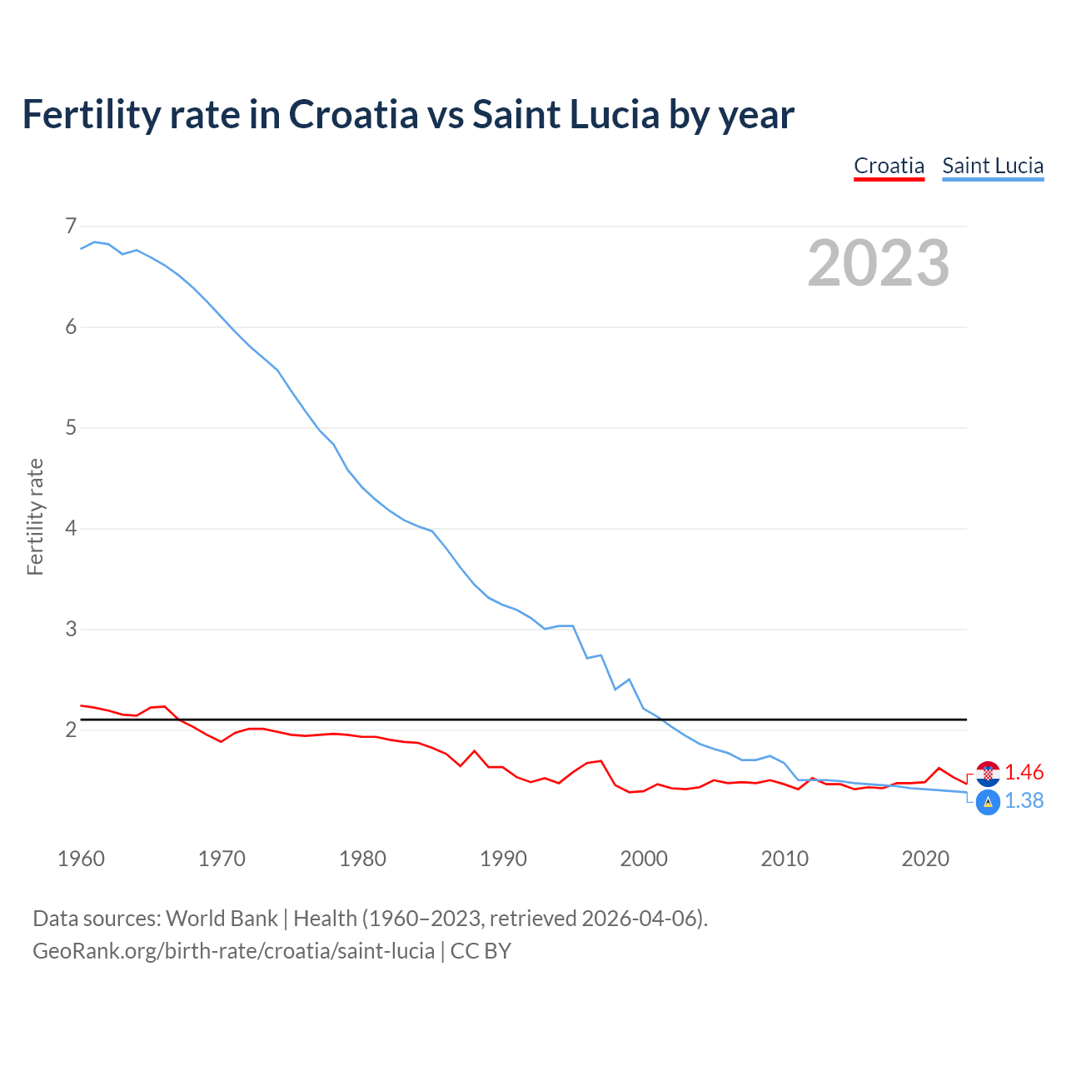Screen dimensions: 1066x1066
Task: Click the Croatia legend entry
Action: pyautogui.click(x=889, y=166)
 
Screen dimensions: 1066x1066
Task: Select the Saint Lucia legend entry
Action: pyautogui.click(x=992, y=166)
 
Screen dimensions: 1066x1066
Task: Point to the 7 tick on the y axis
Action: pyautogui.click(x=71, y=226)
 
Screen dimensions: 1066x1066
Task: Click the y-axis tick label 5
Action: pyautogui.click(x=71, y=427)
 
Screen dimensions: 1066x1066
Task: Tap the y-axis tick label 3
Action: pyautogui.click(x=71, y=629)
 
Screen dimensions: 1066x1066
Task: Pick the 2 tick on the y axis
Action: pyautogui.click(x=71, y=730)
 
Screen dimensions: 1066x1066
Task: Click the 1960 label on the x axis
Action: pyautogui.click(x=81, y=859)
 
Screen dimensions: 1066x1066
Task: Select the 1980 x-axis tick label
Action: pyautogui.click(x=362, y=859)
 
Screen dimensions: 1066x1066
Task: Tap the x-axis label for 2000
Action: pyautogui.click(x=644, y=859)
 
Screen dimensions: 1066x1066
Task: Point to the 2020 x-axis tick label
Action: pyautogui.click(x=925, y=859)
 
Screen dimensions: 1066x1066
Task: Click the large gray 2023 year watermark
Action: pyautogui.click(x=878, y=263)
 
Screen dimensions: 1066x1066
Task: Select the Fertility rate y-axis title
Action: pyautogui.click(x=35, y=516)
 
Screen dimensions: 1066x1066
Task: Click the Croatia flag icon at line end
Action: pyautogui.click(x=988, y=773)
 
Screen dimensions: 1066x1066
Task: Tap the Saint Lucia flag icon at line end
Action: pyautogui.click(x=988, y=802)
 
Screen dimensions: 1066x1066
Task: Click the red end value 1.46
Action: pyautogui.click(x=1024, y=772)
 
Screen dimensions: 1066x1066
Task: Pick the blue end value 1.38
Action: pyautogui.click(x=1024, y=801)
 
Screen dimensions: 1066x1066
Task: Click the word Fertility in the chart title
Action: pyautogui.click(x=90, y=114)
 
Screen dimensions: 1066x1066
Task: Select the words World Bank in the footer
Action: pyautogui.click(x=222, y=919)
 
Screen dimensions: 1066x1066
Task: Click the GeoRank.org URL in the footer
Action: pyautogui.click(x=233, y=951)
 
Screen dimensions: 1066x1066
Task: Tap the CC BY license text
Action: pyautogui.click(x=481, y=951)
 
